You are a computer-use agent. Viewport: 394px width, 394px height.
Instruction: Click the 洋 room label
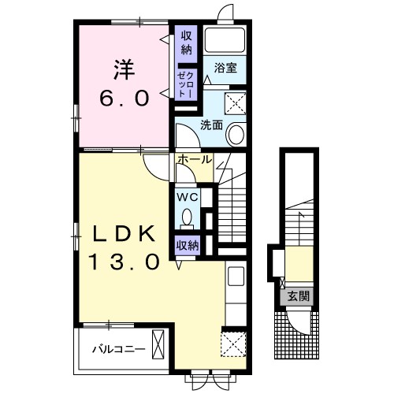125,70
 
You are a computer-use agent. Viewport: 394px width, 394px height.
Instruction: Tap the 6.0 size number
125,98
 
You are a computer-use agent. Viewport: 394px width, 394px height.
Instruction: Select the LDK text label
124,234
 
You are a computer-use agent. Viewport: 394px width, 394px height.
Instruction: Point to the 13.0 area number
125,262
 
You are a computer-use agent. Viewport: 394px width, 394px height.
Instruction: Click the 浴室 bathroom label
225,68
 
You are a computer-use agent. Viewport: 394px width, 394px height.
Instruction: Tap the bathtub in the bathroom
225,40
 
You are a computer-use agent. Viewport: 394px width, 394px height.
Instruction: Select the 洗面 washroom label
211,125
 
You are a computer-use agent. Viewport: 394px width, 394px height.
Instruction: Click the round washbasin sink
236,134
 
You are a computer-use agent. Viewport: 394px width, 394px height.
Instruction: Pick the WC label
188,197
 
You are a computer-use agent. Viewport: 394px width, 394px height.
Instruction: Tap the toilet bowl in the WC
187,217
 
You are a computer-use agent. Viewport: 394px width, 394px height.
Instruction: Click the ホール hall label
195,159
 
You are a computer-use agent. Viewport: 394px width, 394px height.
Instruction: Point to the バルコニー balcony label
118,349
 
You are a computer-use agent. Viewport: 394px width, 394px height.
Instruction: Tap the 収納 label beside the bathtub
186,43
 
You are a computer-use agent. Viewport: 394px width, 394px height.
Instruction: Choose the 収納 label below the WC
188,246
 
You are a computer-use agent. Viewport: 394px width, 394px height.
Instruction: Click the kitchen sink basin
236,276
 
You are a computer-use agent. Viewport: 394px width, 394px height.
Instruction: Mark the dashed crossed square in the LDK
233,344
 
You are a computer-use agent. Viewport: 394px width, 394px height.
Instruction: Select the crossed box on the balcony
158,344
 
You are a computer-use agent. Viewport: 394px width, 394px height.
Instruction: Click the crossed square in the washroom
236,103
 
